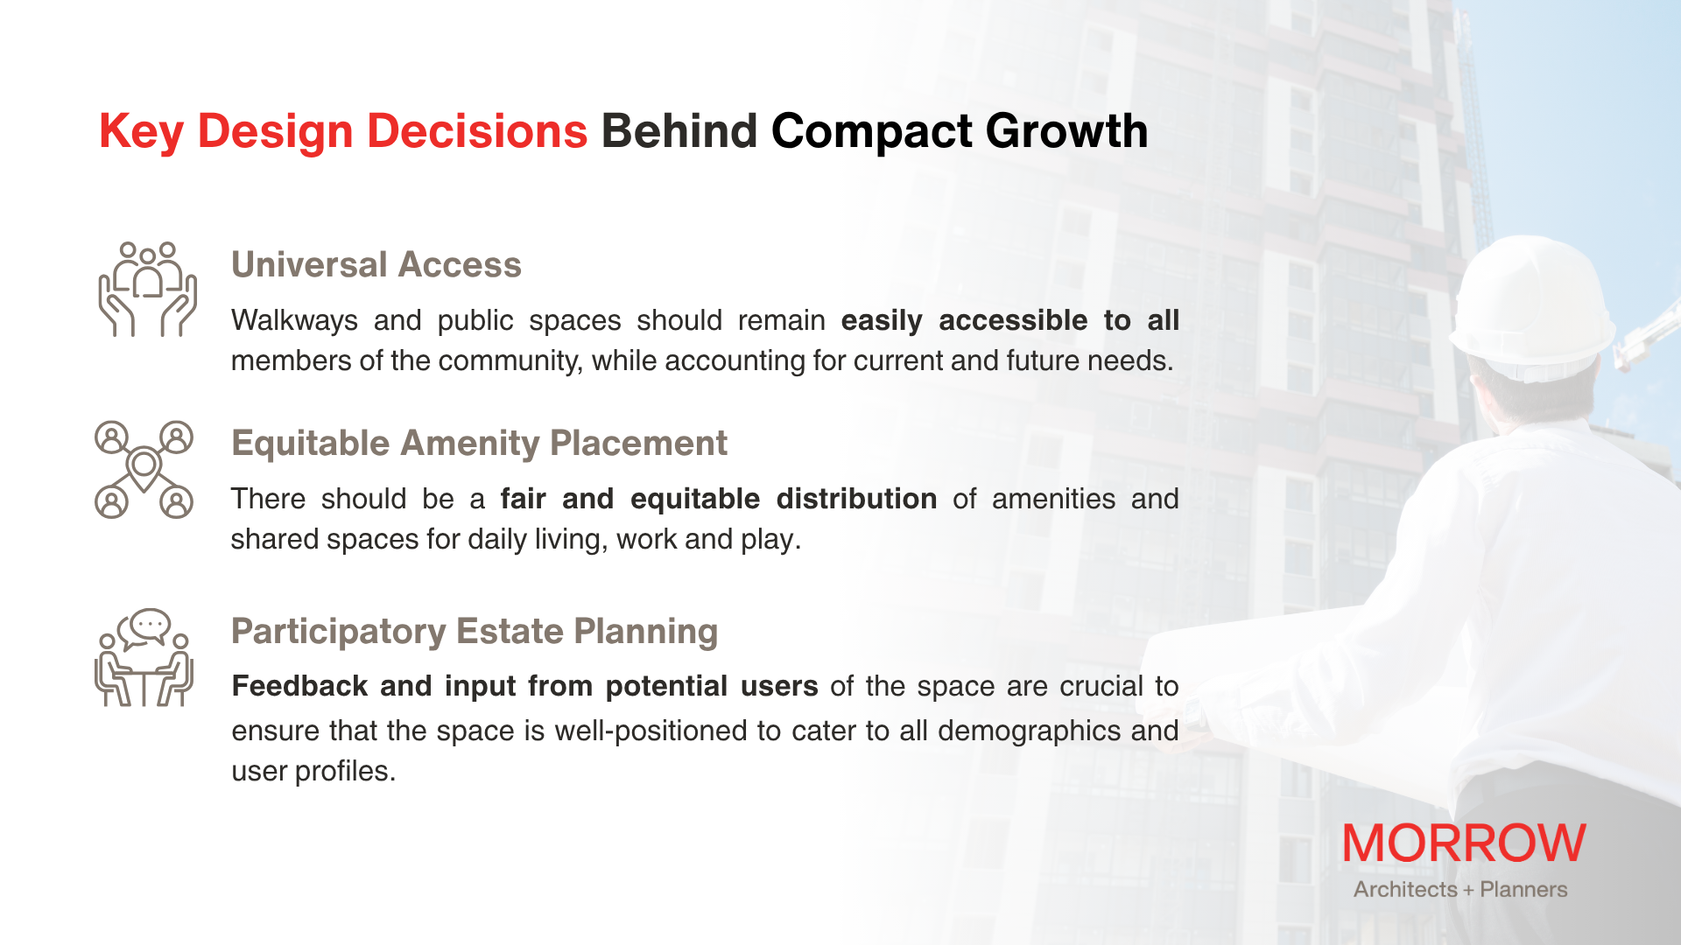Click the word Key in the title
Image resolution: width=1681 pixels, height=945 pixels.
(141, 133)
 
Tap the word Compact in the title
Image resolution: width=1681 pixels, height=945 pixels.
(871, 133)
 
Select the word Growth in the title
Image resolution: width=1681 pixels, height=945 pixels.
(1066, 131)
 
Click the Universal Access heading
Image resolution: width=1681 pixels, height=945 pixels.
(376, 264)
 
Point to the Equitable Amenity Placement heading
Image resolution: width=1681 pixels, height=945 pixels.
(479, 444)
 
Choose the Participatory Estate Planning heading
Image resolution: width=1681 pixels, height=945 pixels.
(475, 632)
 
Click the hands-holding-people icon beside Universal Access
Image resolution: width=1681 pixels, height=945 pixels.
(147, 290)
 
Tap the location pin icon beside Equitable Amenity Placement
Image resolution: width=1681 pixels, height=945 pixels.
(144, 470)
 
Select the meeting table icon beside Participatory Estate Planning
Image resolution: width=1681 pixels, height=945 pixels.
(144, 657)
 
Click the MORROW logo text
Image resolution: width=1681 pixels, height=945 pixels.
(1464, 843)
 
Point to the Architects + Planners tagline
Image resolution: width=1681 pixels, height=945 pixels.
(1460, 889)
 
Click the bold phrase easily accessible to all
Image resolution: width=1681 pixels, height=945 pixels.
(1010, 320)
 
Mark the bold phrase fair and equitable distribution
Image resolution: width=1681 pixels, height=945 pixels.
(719, 499)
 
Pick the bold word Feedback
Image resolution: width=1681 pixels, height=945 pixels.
(299, 686)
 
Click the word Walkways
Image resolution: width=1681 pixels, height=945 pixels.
(294, 321)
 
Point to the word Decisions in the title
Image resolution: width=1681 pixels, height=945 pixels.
(477, 131)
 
